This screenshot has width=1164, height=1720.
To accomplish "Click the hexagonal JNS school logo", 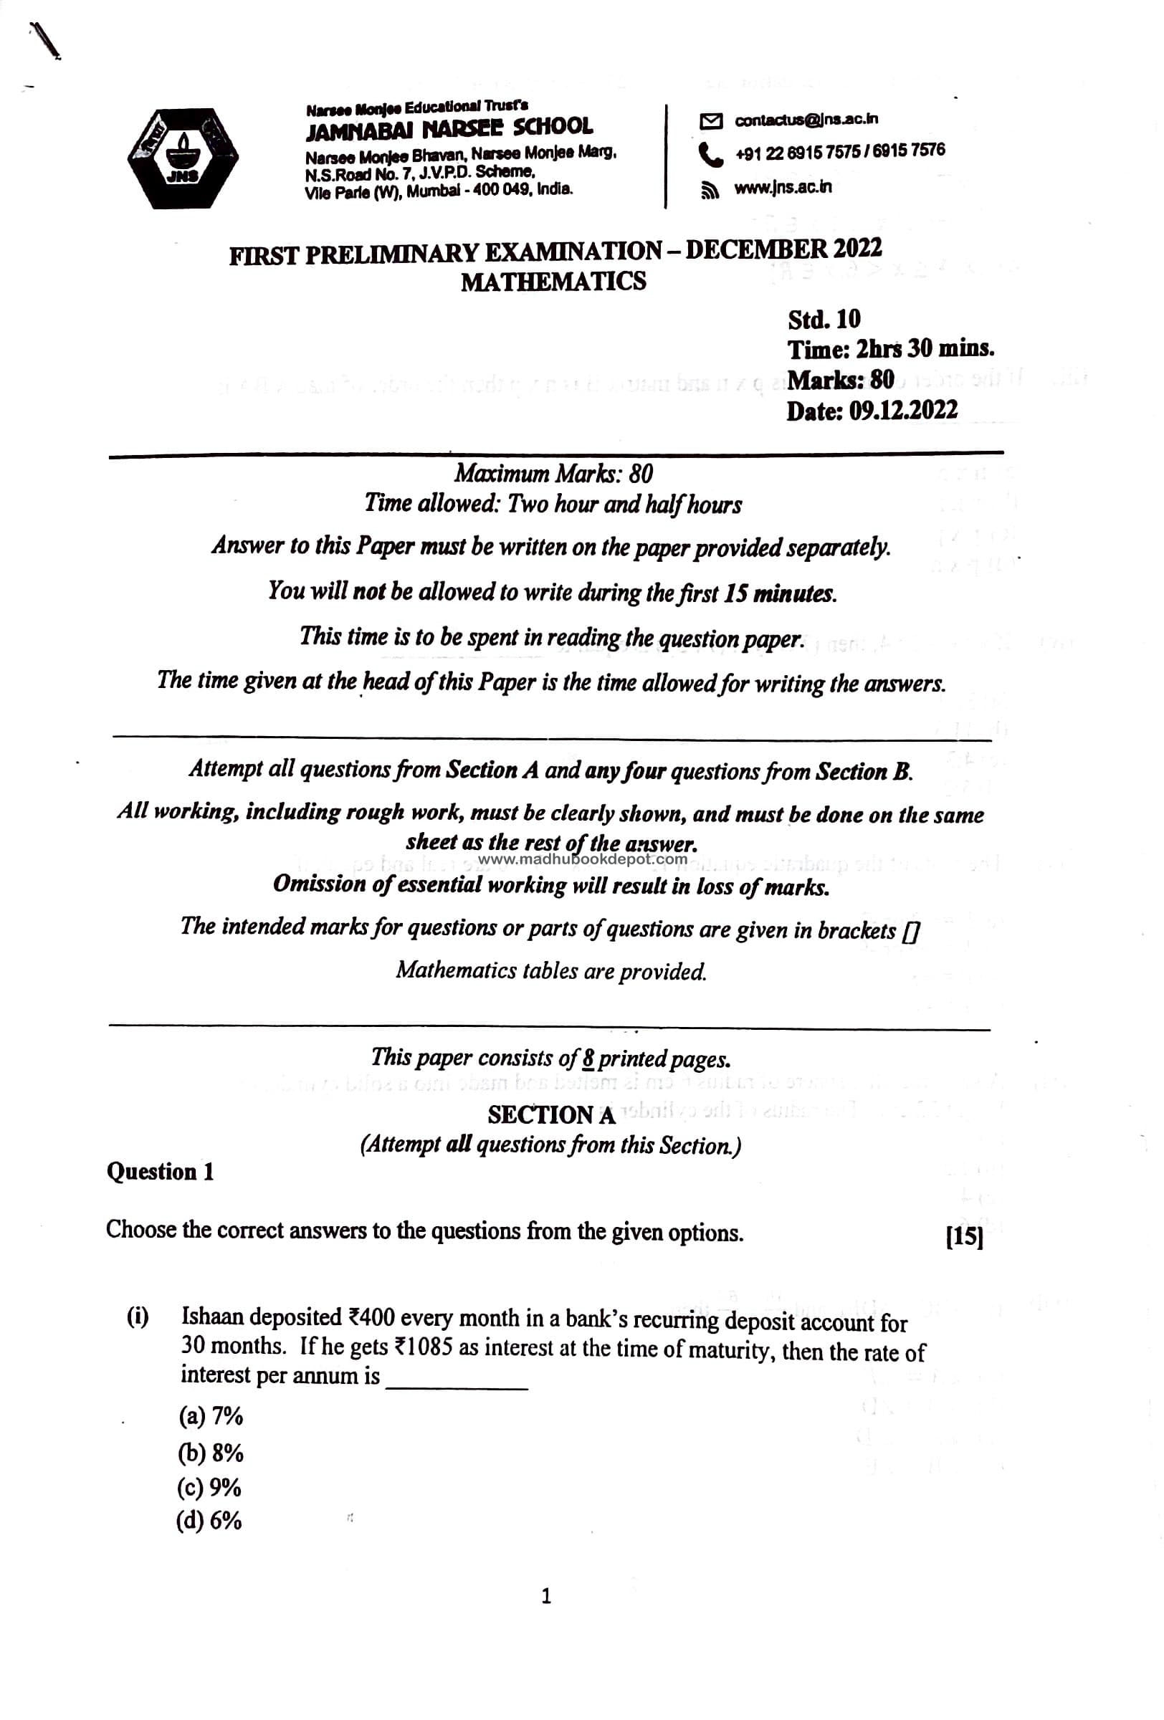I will click(x=183, y=158).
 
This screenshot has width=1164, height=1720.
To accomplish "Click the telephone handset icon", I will click(x=710, y=154).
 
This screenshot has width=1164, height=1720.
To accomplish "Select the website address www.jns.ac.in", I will click(x=782, y=187).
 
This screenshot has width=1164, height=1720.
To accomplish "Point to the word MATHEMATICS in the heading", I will click(x=553, y=281).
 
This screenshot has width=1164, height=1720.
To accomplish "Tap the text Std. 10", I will click(x=824, y=319).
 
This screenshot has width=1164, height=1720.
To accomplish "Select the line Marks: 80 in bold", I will click(x=841, y=380).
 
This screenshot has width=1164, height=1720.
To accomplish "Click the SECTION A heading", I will click(x=551, y=1114).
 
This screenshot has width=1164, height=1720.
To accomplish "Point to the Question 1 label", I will click(x=160, y=1172).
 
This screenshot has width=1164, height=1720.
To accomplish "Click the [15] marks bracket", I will click(x=964, y=1238).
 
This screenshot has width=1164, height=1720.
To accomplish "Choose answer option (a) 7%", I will click(x=210, y=1416).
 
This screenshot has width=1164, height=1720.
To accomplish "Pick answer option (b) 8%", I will click(x=210, y=1453).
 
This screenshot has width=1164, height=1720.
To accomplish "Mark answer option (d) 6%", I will click(x=209, y=1521).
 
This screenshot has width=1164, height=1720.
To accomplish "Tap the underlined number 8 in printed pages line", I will click(x=588, y=1058).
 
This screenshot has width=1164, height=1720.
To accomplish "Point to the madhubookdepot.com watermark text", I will click(x=583, y=859).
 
